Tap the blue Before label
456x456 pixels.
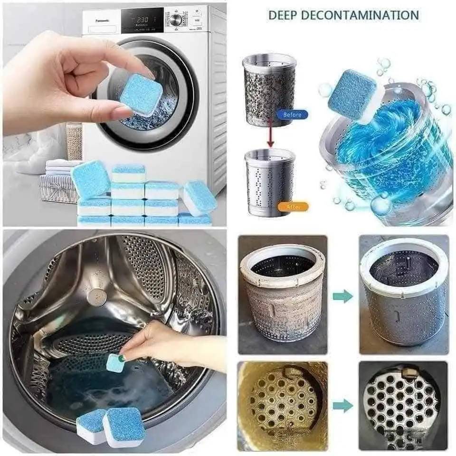tap(292, 114)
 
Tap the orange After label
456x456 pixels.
tap(292, 207)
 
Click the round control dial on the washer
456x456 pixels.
tap(176, 19)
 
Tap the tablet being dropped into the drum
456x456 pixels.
tap(115, 363)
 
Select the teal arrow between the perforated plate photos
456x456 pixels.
tap(343, 406)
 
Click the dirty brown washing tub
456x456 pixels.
tap(282, 294)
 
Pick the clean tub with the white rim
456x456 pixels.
tap(403, 294)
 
